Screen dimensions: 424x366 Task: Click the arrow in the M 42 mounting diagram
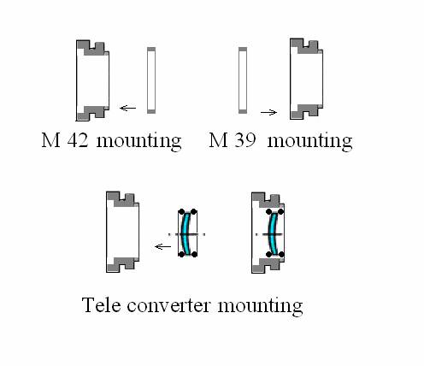[x=127, y=108]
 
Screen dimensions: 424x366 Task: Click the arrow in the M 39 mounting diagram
[x=268, y=113]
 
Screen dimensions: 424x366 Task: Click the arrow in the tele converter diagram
[x=162, y=246]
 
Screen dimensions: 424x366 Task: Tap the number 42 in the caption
[x=78, y=139]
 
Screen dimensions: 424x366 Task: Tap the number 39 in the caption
[x=244, y=139]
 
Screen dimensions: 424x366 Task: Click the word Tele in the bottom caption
[x=101, y=304]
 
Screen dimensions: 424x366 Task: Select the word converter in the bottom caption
[x=168, y=305]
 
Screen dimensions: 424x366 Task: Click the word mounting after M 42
[x=138, y=141]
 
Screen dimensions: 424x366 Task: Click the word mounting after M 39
[x=309, y=141]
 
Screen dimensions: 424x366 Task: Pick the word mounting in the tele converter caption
[x=260, y=306]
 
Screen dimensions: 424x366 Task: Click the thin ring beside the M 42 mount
[x=151, y=80]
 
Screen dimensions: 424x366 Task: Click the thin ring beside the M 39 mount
[x=243, y=80]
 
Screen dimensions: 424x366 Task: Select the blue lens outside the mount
[x=185, y=233]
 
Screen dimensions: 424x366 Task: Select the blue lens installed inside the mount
[x=273, y=233]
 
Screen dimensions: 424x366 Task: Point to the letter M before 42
[x=50, y=139]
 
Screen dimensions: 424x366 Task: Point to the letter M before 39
[x=218, y=139]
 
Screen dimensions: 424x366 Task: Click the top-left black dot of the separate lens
[x=181, y=212]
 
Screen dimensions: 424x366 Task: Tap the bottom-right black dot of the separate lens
[x=194, y=254]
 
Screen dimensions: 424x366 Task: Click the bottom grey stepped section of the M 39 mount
[x=306, y=111]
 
